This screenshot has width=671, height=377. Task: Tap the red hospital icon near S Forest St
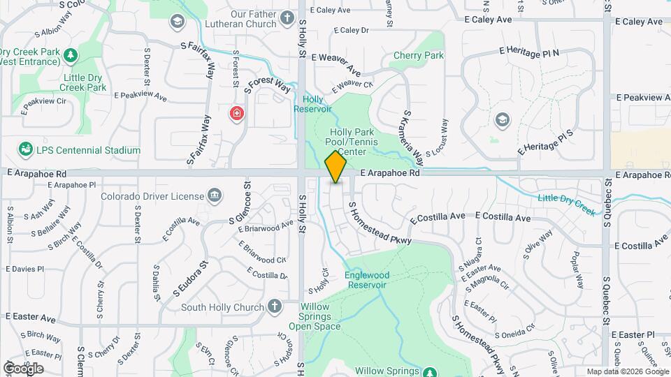pos(237,113)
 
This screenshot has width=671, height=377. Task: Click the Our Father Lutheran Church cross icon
pos(287,18)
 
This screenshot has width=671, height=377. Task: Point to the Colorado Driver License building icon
pos(215,196)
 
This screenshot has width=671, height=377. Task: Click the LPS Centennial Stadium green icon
pos(26,149)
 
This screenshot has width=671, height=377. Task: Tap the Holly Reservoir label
pos(312,104)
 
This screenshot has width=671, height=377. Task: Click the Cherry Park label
pos(419,55)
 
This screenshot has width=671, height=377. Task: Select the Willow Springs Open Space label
pos(315,316)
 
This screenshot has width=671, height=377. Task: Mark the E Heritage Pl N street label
pos(529,52)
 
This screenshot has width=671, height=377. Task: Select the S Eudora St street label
pos(191,276)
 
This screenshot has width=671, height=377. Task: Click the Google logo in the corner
pos(23,368)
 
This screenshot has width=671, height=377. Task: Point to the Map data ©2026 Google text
pos(626,371)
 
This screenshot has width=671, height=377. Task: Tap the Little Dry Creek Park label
pos(83,82)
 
